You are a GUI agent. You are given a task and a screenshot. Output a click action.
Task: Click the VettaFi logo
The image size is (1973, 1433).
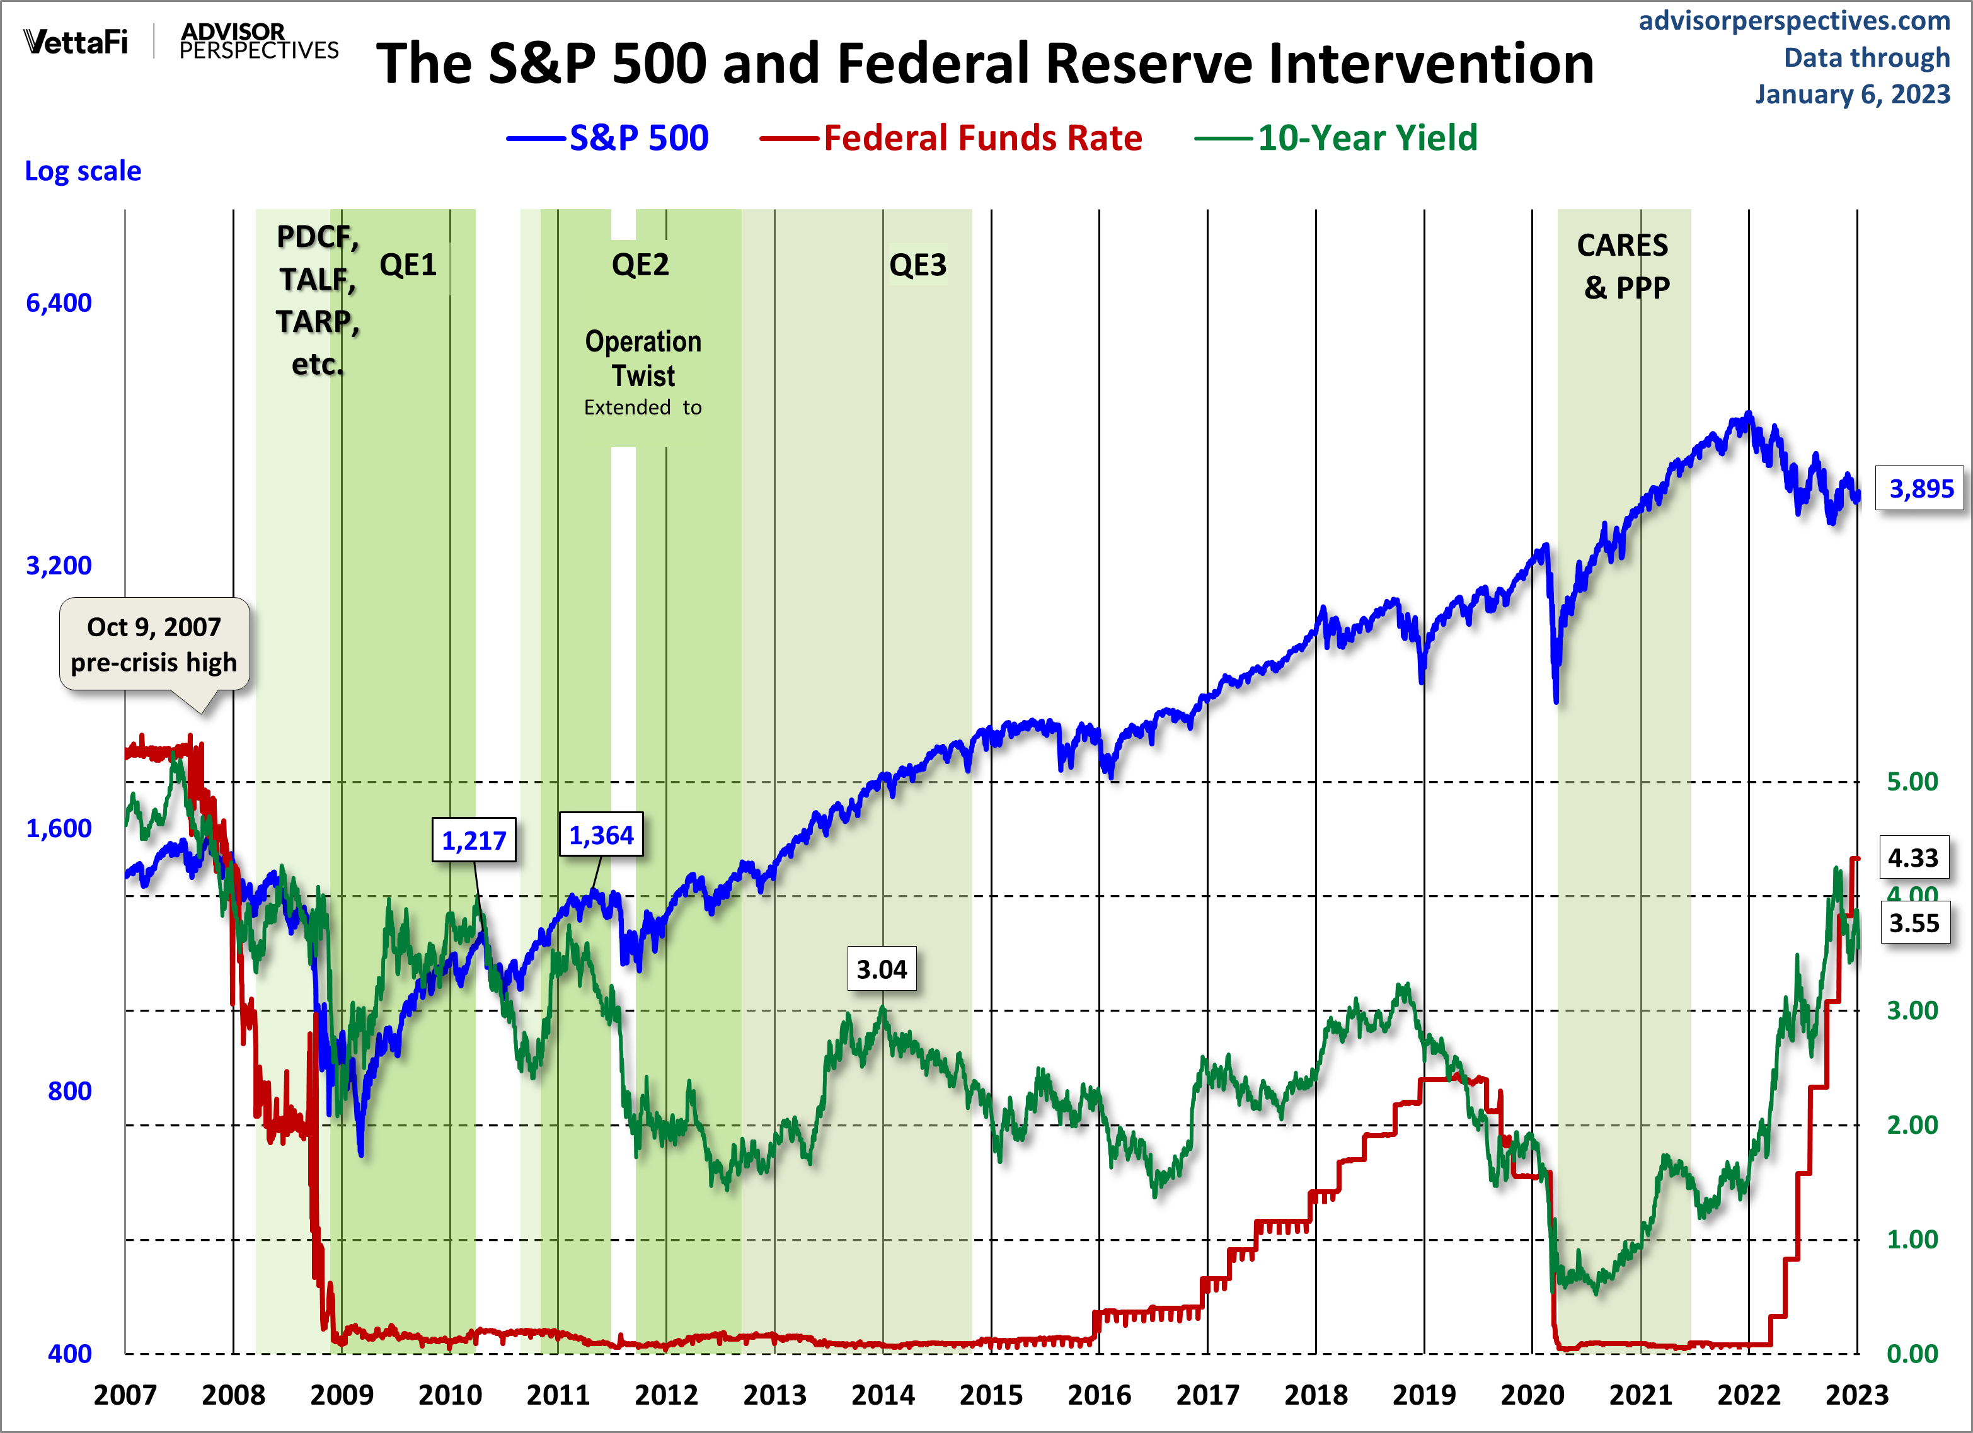pyautogui.click(x=76, y=41)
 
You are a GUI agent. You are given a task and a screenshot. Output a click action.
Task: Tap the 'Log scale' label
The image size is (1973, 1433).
pyautogui.click(x=83, y=171)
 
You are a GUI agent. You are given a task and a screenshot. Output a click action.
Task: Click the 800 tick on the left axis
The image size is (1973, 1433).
pyautogui.click(x=69, y=1090)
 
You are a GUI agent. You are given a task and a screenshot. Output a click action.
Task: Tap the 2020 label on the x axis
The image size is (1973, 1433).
pyautogui.click(x=1532, y=1395)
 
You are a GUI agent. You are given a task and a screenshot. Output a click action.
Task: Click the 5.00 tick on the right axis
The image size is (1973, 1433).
pyautogui.click(x=1911, y=781)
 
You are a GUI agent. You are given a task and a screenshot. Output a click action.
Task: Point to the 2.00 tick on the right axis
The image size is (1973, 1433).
pyautogui.click(x=1911, y=1124)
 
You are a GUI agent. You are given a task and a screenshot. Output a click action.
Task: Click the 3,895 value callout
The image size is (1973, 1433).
pyautogui.click(x=1921, y=489)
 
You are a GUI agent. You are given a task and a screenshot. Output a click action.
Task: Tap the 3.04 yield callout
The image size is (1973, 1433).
pyautogui.click(x=881, y=969)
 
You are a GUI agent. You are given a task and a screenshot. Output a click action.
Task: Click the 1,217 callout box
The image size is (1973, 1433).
pyautogui.click(x=474, y=840)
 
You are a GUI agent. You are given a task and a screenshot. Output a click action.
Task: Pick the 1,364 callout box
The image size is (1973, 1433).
pyautogui.click(x=601, y=835)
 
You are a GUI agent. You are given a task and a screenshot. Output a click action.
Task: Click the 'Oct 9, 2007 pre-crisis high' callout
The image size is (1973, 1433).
pyautogui.click(x=154, y=644)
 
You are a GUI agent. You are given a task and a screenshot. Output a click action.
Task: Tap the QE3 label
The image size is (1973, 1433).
pyautogui.click(x=917, y=265)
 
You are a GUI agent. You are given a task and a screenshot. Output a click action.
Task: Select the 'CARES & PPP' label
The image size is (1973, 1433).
pyautogui.click(x=1623, y=266)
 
